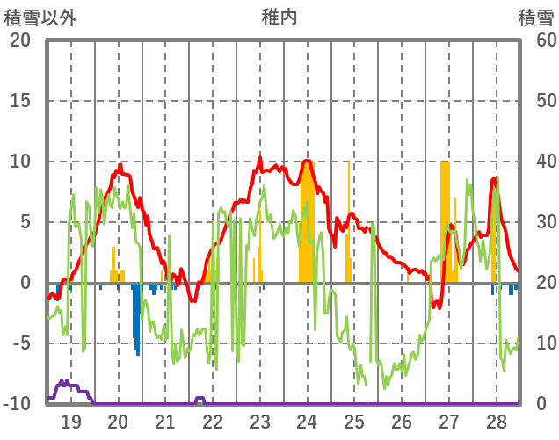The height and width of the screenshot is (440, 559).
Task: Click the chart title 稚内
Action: tap(279, 17)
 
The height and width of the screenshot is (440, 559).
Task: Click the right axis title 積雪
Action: tap(534, 17)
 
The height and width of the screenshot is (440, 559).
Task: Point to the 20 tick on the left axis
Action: tap(20, 40)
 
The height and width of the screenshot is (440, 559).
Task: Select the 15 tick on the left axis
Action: tap(20, 101)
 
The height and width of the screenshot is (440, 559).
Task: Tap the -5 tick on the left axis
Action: tap(20, 343)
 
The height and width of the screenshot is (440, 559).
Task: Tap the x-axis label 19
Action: tap(70, 422)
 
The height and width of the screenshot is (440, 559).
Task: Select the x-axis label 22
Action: tap(213, 422)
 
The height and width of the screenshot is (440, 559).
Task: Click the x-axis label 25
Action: tap(354, 422)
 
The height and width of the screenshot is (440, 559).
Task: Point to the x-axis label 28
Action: tap(496, 422)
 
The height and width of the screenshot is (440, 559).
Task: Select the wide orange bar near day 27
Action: tap(446, 220)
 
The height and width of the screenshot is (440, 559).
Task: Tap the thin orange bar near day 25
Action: tap(348, 220)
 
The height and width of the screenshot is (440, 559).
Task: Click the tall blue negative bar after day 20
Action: tap(137, 316)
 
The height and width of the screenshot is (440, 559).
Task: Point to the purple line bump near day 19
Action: tap(65, 383)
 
